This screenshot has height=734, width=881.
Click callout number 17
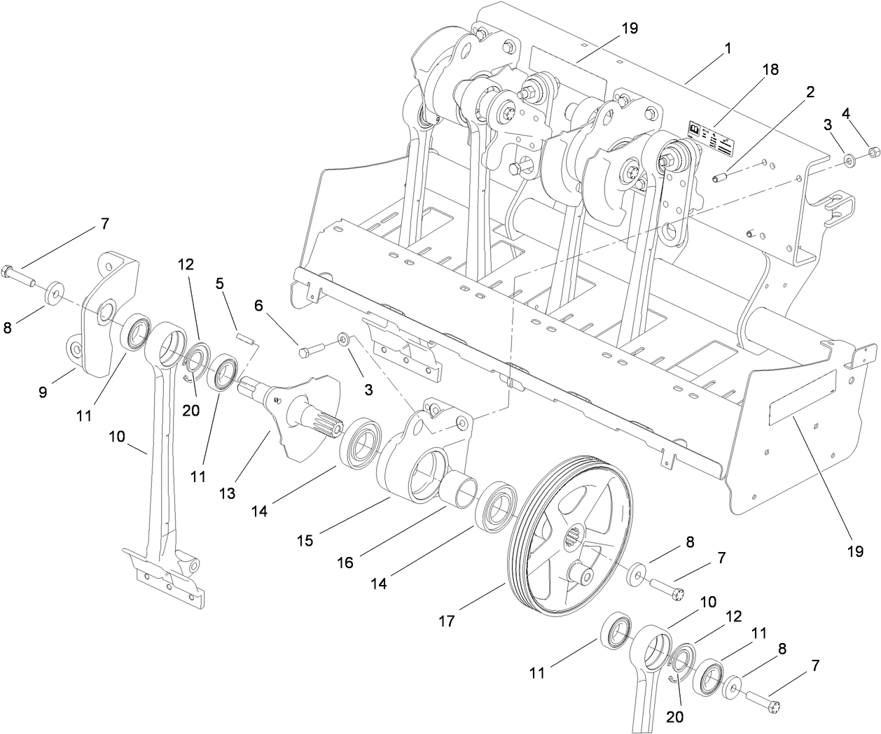pyautogui.click(x=447, y=619)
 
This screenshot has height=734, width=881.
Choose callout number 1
pyautogui.click(x=728, y=48)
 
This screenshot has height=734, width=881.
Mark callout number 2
pyautogui.click(x=810, y=92)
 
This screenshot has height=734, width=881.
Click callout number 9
pyautogui.click(x=43, y=392)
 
